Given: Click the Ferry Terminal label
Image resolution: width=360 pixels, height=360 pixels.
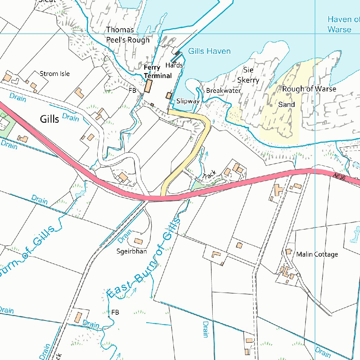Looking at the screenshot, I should [x=157, y=71].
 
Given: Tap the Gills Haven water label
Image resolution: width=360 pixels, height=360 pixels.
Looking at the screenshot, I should [x=209, y=51].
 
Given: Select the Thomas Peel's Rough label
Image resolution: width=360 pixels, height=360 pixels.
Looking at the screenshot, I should [x=128, y=35].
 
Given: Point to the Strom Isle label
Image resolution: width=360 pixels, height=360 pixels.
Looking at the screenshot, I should [x=54, y=73].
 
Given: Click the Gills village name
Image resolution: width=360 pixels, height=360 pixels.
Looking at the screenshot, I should [x=50, y=119].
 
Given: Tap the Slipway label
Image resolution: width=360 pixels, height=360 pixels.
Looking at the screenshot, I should [x=188, y=101].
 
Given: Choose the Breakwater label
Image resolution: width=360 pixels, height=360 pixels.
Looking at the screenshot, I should [x=223, y=90].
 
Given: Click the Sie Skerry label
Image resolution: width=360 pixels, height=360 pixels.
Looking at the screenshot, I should [x=248, y=75].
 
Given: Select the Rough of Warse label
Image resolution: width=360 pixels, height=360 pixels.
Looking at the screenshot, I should [x=309, y=89].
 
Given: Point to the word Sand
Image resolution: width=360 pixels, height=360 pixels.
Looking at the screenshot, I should [x=287, y=104].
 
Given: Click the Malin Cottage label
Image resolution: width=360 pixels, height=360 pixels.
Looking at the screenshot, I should [x=317, y=254].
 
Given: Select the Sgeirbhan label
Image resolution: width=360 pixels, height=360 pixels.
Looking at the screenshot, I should [x=131, y=251].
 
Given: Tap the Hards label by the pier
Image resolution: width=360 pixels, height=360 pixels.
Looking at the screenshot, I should [x=174, y=65].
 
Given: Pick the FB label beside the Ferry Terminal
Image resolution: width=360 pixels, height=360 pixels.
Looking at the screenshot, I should [x=132, y=90].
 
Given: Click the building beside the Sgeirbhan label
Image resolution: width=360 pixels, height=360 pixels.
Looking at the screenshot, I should [x=139, y=242].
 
